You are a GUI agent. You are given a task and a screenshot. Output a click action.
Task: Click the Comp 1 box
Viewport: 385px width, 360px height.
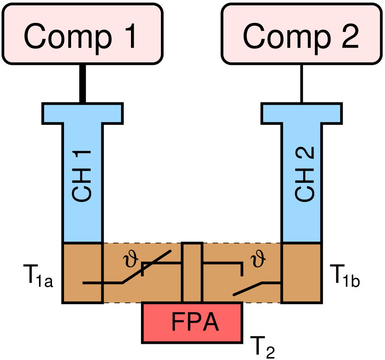82,34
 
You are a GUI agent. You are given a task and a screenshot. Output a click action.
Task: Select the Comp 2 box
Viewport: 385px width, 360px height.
301,34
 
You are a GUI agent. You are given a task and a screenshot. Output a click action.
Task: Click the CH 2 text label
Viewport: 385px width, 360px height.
304,175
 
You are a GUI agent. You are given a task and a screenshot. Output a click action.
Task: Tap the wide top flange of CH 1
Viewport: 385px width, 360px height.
82,113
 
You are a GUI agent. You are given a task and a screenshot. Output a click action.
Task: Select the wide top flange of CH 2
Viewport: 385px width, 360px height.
301,113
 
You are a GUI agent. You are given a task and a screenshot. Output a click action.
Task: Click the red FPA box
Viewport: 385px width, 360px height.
192,323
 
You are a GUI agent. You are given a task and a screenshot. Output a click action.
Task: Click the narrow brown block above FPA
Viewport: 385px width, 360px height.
192,273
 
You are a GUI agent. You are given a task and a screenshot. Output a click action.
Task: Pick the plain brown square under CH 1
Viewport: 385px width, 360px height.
82,272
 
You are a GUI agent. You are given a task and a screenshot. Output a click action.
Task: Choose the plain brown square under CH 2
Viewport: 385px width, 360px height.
301,272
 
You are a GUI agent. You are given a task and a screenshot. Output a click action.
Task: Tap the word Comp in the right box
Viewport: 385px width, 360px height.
286,37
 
